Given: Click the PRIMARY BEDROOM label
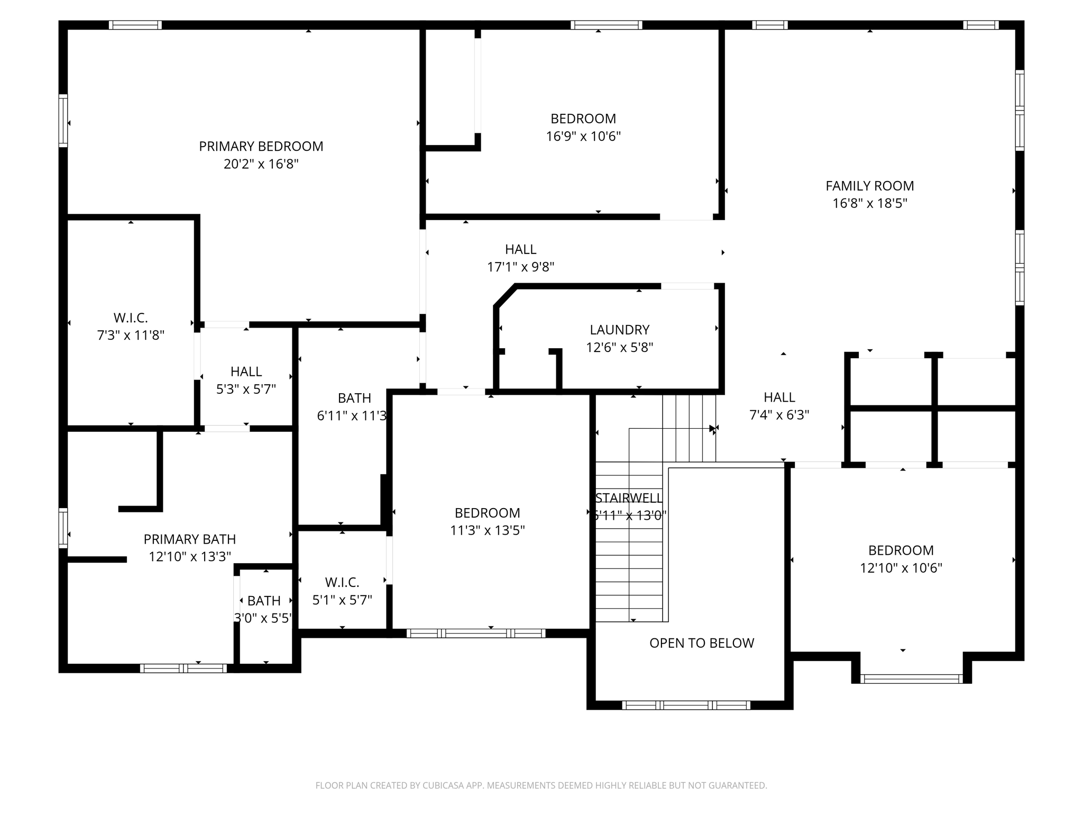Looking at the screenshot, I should pos(261,146).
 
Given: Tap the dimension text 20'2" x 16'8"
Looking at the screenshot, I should pos(261,164).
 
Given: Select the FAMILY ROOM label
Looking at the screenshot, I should pos(869,186).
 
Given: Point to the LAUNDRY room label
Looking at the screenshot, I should pos(619,330).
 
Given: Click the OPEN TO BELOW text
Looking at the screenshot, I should pos(701,643).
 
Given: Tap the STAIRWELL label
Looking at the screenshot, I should pos(628,498).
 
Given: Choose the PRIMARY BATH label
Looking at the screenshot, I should pos(189,539).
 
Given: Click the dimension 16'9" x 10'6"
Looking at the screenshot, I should pos(583,137).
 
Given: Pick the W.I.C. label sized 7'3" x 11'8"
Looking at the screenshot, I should pos(130,318).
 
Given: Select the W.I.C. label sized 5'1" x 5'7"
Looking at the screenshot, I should pos(342,582).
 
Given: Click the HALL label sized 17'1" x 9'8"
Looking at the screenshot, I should pos(520,249).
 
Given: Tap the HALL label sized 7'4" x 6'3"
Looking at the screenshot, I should pos(779,397).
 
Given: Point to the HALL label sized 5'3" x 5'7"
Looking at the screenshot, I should pos(246,372).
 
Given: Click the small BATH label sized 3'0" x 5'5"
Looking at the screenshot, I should pos(264,601).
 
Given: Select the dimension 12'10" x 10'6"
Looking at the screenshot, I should pos(901,568).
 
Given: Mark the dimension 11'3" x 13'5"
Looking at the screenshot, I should pos(487,530).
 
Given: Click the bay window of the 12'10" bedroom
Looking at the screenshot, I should pos(911,679).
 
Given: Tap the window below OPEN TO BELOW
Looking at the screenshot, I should pos(686,705).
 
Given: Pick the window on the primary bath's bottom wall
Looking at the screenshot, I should pos(183,669).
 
